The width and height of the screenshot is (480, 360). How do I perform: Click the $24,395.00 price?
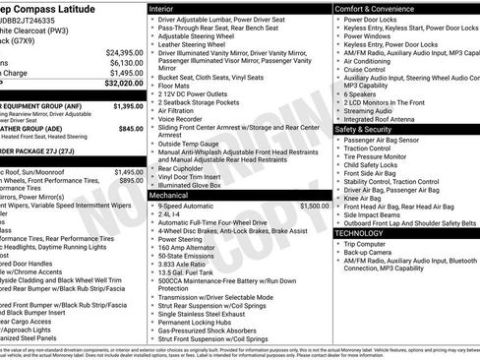[124, 51]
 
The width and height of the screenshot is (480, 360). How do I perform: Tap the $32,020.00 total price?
[123, 85]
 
